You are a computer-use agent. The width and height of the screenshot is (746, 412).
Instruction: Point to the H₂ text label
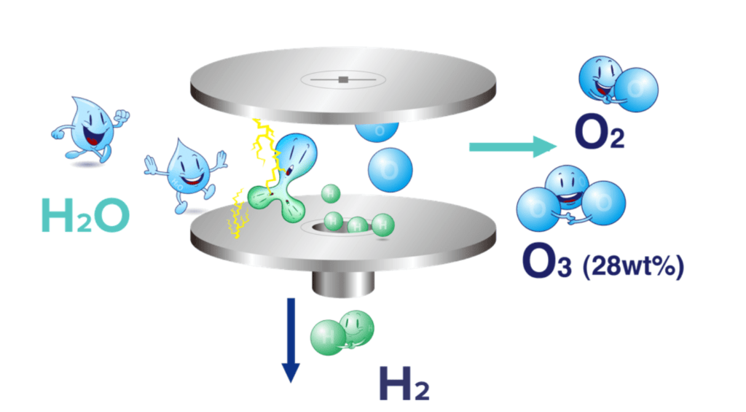tap(404, 382)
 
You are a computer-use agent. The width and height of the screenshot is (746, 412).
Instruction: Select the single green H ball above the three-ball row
tap(331, 193)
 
